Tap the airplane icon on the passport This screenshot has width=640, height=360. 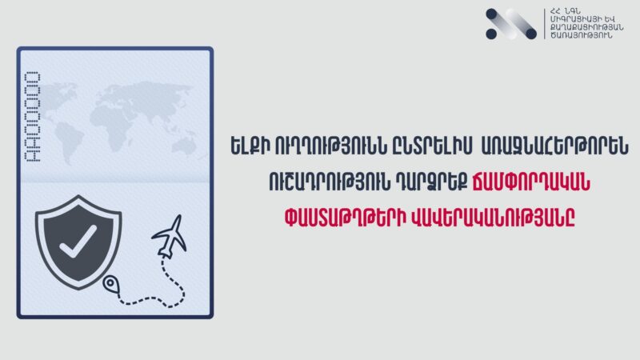(170, 236)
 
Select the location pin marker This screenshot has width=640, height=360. (110, 284)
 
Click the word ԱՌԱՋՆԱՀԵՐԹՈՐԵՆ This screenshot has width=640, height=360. (554, 146)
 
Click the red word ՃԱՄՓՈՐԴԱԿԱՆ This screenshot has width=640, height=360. (531, 182)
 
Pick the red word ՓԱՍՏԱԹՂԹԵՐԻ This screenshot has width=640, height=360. (346, 218)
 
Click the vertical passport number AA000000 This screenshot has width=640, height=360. (33, 117)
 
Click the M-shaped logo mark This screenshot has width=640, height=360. (511, 24)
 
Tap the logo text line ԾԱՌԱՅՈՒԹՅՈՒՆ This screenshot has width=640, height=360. (582, 35)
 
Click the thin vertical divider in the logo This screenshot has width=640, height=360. (545, 24)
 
